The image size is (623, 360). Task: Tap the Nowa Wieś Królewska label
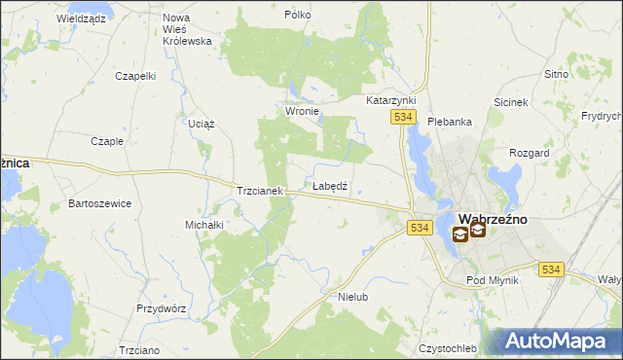188,29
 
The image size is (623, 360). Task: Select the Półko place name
297,16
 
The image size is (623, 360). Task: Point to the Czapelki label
135,76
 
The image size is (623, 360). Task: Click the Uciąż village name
201,125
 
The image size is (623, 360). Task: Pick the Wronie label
302,112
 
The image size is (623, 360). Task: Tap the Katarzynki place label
390,100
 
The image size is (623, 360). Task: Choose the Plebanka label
450,122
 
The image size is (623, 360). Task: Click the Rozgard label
530,154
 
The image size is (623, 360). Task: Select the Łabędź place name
330,185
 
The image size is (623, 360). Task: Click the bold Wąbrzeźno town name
493,219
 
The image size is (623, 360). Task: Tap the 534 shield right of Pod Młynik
551,270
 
